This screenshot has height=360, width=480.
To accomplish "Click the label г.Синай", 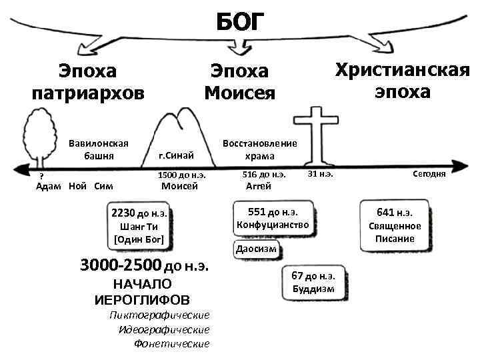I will [176, 155].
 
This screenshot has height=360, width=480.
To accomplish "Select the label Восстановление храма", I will [259, 150].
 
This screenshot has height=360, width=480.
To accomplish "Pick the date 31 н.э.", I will [320, 174].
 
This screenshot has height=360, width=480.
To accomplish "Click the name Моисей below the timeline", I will [180, 186].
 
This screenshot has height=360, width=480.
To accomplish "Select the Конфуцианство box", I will [272, 219].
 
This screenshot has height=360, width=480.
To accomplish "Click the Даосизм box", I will [255, 250].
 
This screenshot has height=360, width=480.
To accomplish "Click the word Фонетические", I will [171, 344].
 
